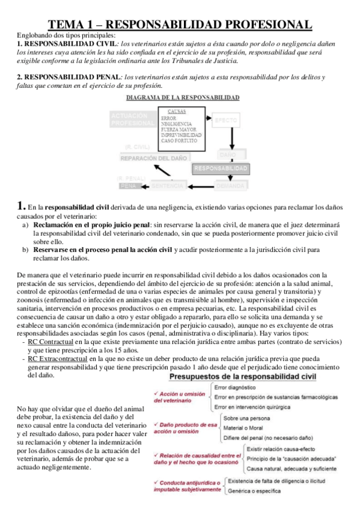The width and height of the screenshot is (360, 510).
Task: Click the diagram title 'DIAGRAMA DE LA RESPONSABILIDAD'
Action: point(183,97)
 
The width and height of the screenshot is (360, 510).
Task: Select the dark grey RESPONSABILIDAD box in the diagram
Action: point(221,168)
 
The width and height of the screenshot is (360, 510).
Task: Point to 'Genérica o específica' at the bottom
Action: point(254,490)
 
